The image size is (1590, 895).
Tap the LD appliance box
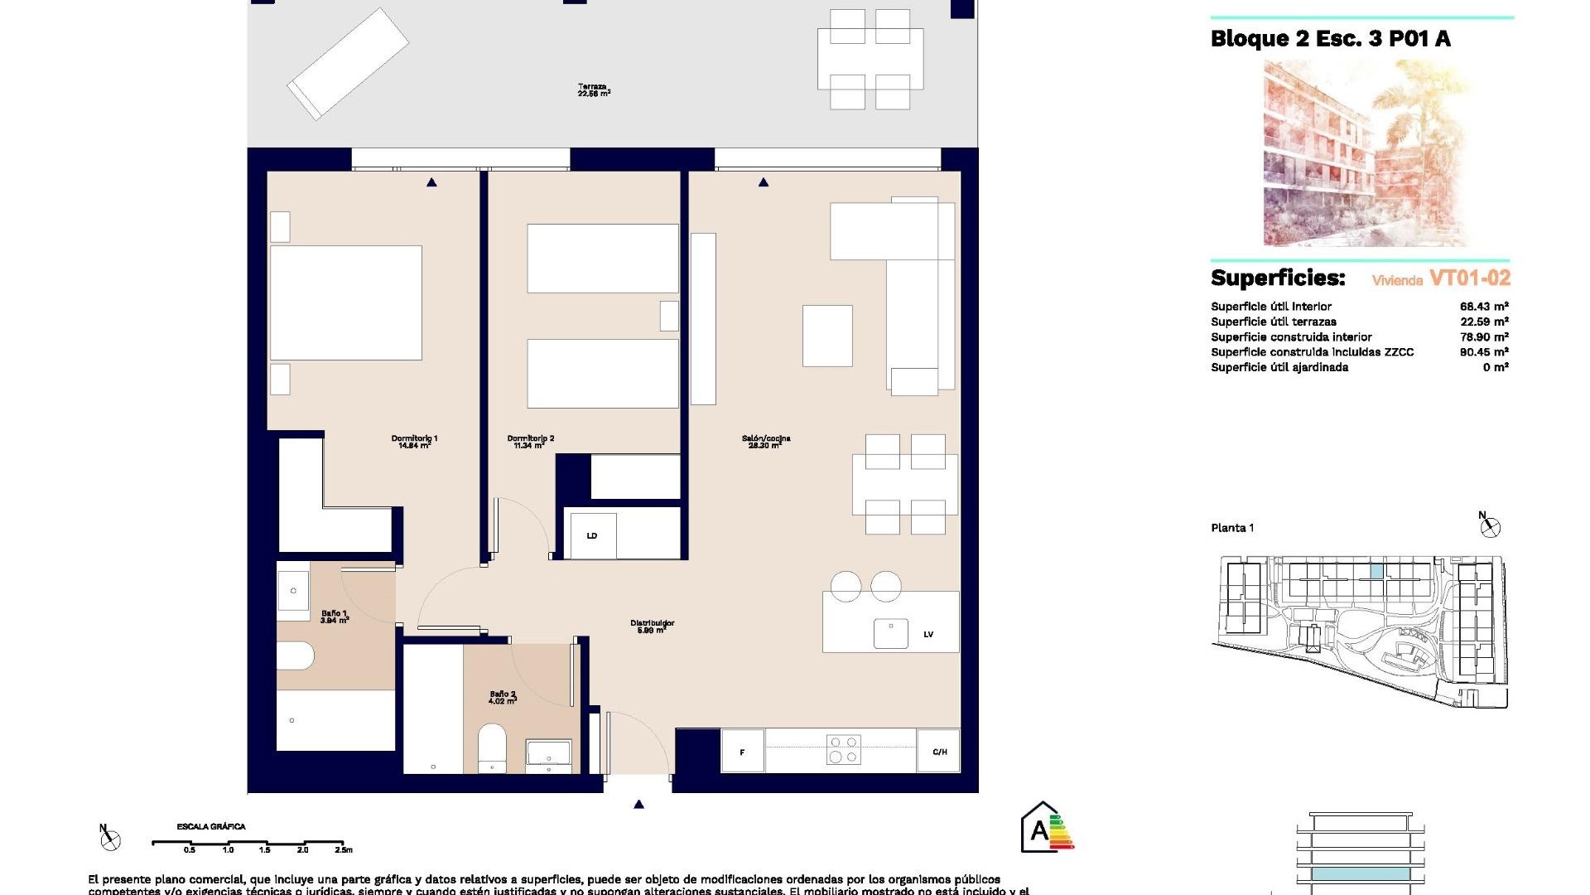point(591,535)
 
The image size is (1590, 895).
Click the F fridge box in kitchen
point(742,752)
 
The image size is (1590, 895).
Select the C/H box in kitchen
point(939,752)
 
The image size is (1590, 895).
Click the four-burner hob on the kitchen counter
point(843,750)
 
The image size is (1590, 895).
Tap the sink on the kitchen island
point(890,634)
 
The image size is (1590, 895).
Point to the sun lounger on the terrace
point(348,64)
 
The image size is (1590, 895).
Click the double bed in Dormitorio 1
point(346,302)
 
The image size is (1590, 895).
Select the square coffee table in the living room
point(826,336)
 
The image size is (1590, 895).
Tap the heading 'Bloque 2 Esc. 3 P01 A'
point(1330,39)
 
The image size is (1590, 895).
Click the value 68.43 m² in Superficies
point(1483,307)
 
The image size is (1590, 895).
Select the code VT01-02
point(1469,278)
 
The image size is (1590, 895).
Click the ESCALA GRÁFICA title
point(210,826)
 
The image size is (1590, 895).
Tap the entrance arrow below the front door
point(638,804)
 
